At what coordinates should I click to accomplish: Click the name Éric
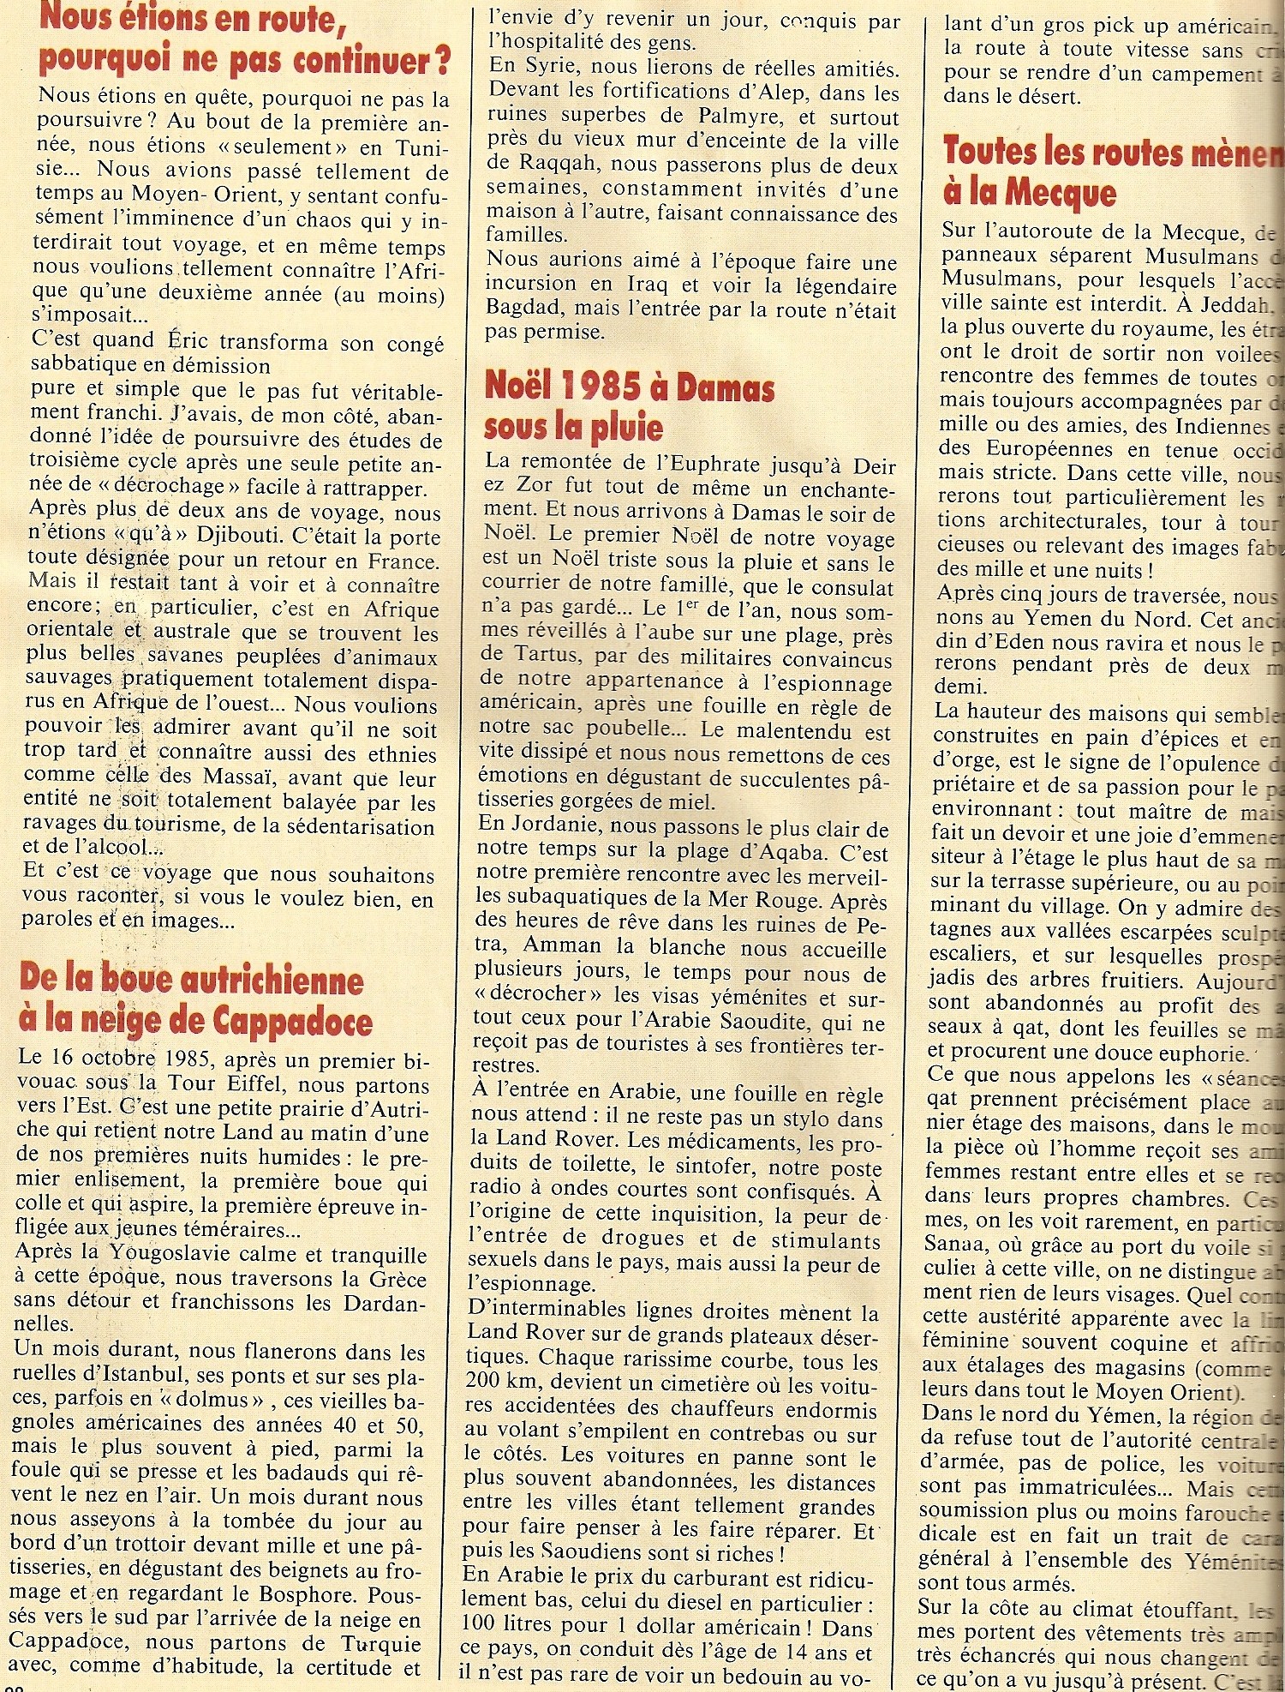[x=193, y=341]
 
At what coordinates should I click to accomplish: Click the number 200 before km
[x=486, y=1383]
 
